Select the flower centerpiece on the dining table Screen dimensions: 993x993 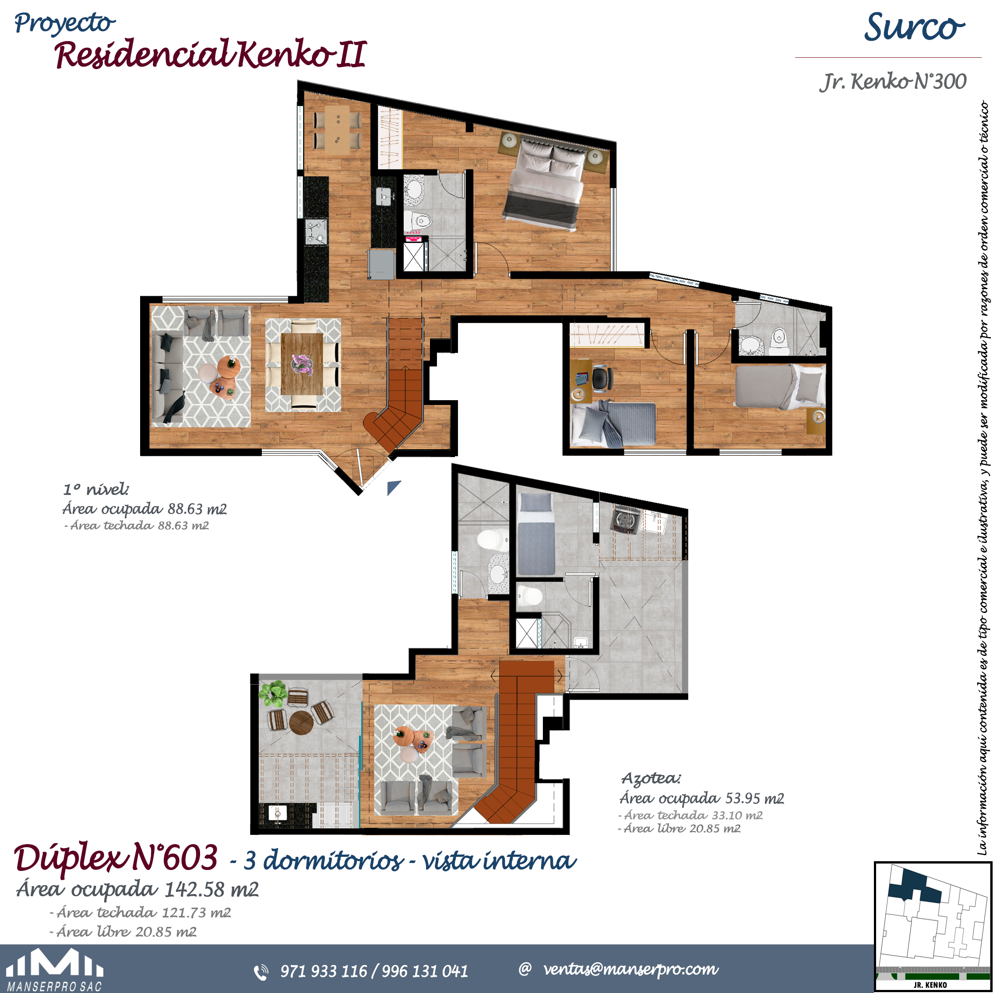(x=302, y=364)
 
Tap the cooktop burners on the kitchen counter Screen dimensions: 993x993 (x=316, y=231)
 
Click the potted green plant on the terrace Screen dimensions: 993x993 (x=273, y=694)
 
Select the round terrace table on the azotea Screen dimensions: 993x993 (x=301, y=723)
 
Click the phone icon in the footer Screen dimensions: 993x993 (x=261, y=972)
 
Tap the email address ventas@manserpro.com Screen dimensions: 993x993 (x=630, y=969)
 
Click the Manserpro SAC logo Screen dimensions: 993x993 (x=55, y=970)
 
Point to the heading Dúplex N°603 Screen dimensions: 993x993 (x=116, y=859)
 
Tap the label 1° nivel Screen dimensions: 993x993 (x=96, y=489)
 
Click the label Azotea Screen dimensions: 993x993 (x=651, y=778)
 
